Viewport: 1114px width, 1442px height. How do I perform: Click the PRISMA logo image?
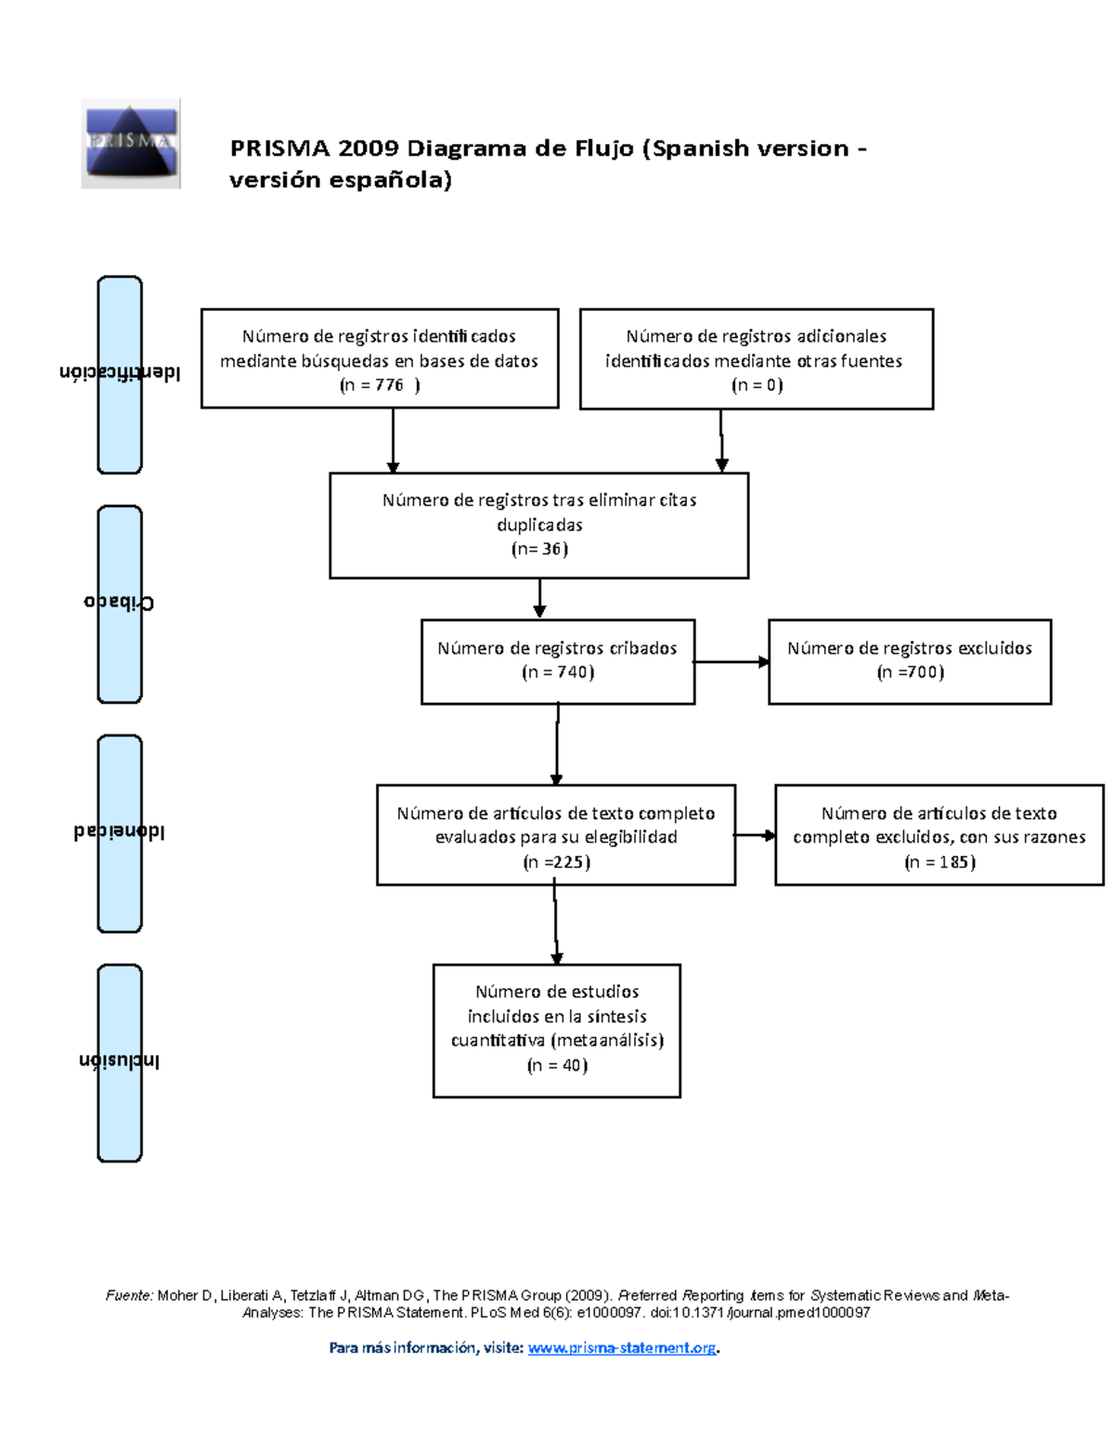pos(130,143)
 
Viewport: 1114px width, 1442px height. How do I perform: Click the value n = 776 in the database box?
pos(380,385)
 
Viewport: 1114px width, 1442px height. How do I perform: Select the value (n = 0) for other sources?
pos(757,385)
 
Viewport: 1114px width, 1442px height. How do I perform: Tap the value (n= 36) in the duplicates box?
pos(539,549)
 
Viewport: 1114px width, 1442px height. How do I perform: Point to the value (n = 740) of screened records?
pos(557,672)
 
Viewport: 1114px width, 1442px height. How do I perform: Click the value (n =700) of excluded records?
pos(910,672)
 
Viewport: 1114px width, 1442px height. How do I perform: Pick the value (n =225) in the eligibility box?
pos(556,862)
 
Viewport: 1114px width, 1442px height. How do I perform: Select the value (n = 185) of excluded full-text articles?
pos(939,862)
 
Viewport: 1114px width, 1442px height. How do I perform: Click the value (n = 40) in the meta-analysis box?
pos(557,1065)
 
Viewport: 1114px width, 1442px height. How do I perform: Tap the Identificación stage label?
pos(120,373)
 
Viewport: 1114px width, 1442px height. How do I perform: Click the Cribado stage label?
pos(120,603)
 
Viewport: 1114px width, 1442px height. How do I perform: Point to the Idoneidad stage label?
pos(120,832)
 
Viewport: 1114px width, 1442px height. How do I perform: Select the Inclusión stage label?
pos(120,1061)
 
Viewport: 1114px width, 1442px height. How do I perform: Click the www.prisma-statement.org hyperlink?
pos(622,1347)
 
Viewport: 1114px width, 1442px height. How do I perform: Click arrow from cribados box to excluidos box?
pos(732,662)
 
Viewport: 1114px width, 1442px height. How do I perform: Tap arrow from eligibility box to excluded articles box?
pos(755,836)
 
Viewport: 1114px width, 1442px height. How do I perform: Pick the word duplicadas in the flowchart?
pos(539,525)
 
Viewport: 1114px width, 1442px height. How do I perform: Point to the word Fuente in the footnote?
pos(128,1295)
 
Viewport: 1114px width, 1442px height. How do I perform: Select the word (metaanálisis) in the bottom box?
pos(608,1041)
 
